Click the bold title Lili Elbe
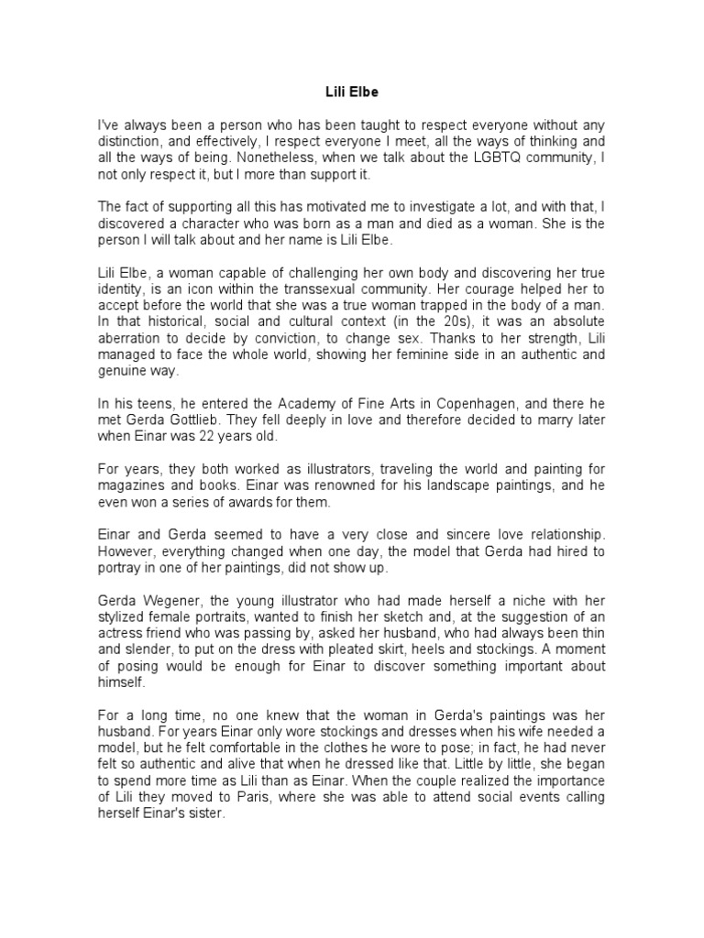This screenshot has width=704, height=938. point(352,92)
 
